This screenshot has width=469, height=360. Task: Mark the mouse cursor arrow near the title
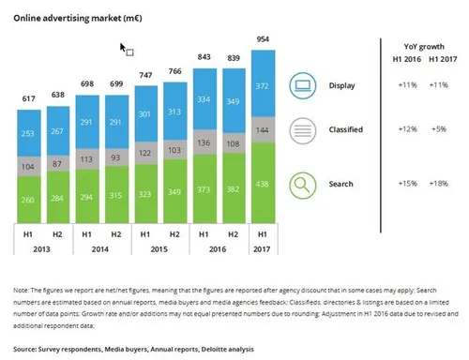(123, 46)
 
